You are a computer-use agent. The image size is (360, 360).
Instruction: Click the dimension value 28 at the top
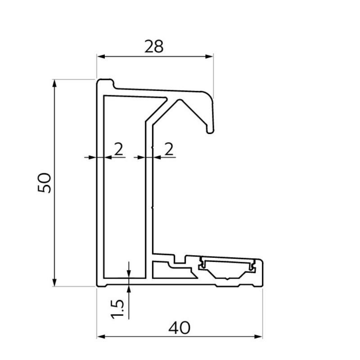(x=154, y=46)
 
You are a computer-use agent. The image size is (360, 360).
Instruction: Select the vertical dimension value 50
(x=45, y=183)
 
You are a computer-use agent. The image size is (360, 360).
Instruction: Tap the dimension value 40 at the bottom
(x=179, y=328)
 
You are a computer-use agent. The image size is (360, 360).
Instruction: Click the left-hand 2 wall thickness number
(x=118, y=149)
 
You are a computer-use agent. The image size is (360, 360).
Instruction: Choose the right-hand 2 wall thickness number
(x=169, y=149)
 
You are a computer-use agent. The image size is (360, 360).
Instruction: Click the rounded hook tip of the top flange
(x=210, y=130)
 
